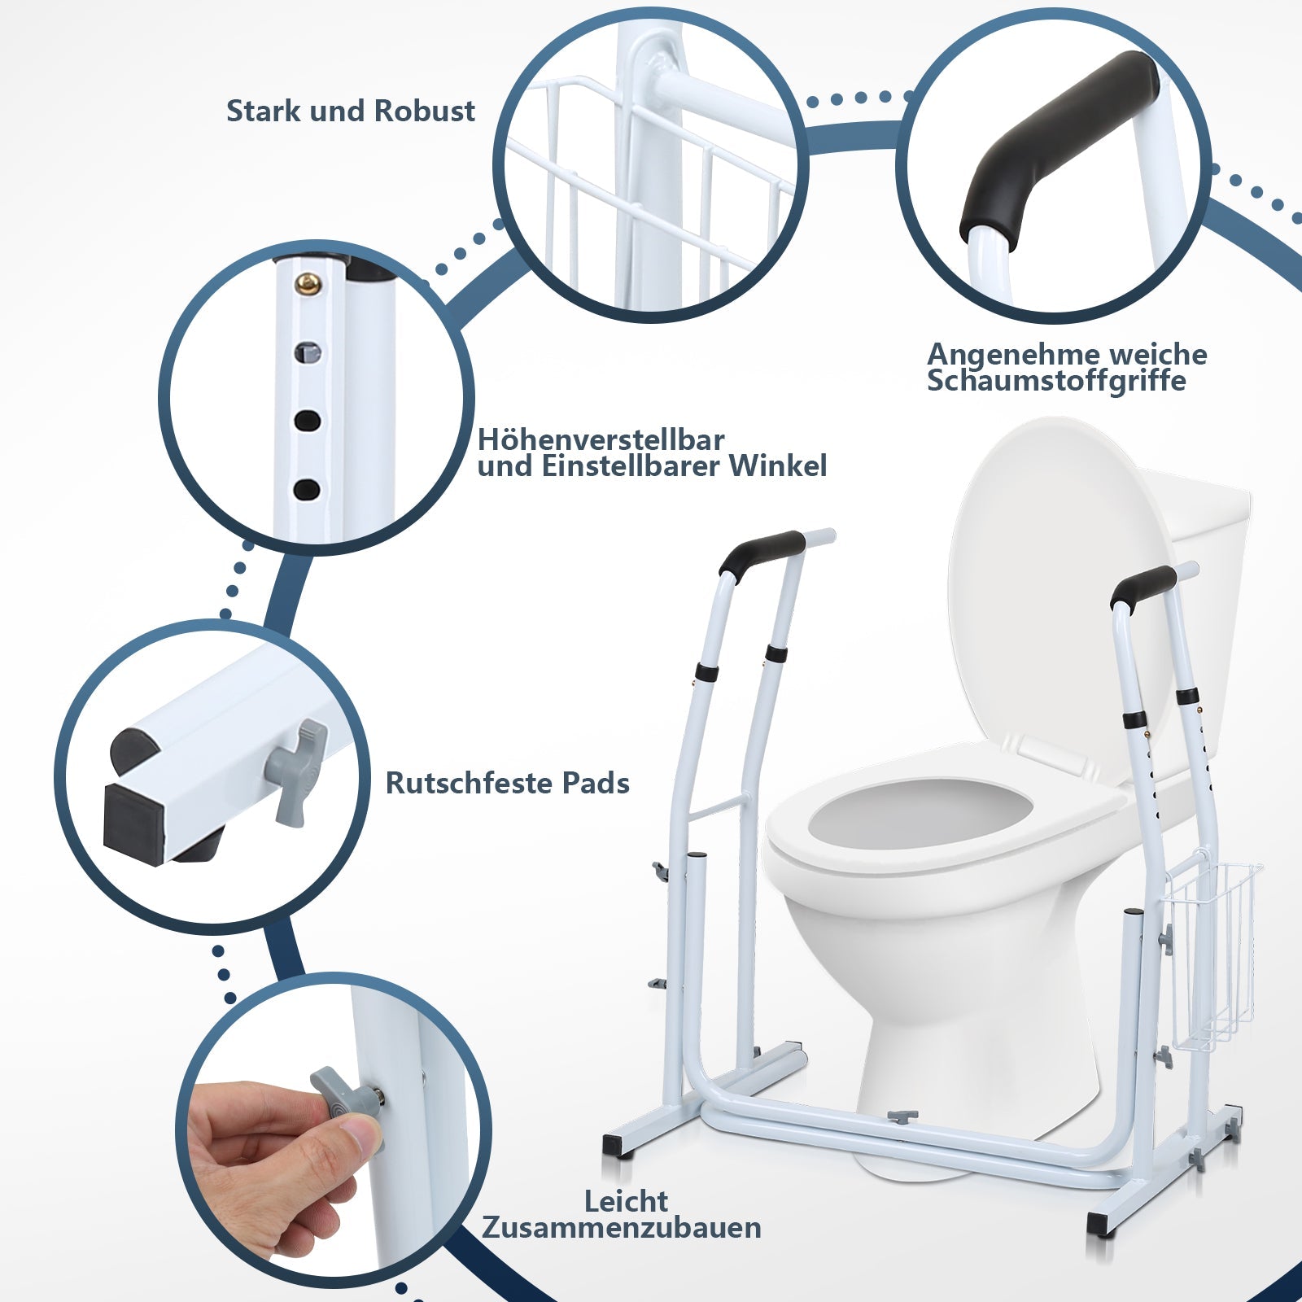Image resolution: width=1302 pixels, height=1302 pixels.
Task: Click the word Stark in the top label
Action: (x=259, y=111)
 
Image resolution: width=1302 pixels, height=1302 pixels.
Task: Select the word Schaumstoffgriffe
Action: (x=1056, y=380)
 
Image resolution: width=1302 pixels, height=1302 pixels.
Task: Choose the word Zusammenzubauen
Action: (x=622, y=1227)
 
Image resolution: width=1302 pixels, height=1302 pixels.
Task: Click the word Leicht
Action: (x=627, y=1200)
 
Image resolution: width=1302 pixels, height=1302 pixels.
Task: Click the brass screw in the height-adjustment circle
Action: (x=308, y=282)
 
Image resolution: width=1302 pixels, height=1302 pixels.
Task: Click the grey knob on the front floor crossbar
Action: (x=902, y=1116)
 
